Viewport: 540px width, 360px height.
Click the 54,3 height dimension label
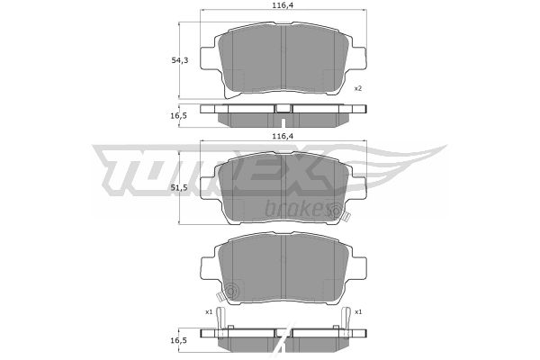[180, 60]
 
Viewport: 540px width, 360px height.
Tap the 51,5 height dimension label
[180, 187]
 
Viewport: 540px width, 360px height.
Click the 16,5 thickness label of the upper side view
[178, 116]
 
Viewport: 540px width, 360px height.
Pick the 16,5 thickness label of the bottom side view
[178, 340]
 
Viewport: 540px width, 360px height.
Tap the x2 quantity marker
[358, 88]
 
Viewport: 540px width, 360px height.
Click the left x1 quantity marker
[209, 312]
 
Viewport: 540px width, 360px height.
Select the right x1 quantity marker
[358, 312]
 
